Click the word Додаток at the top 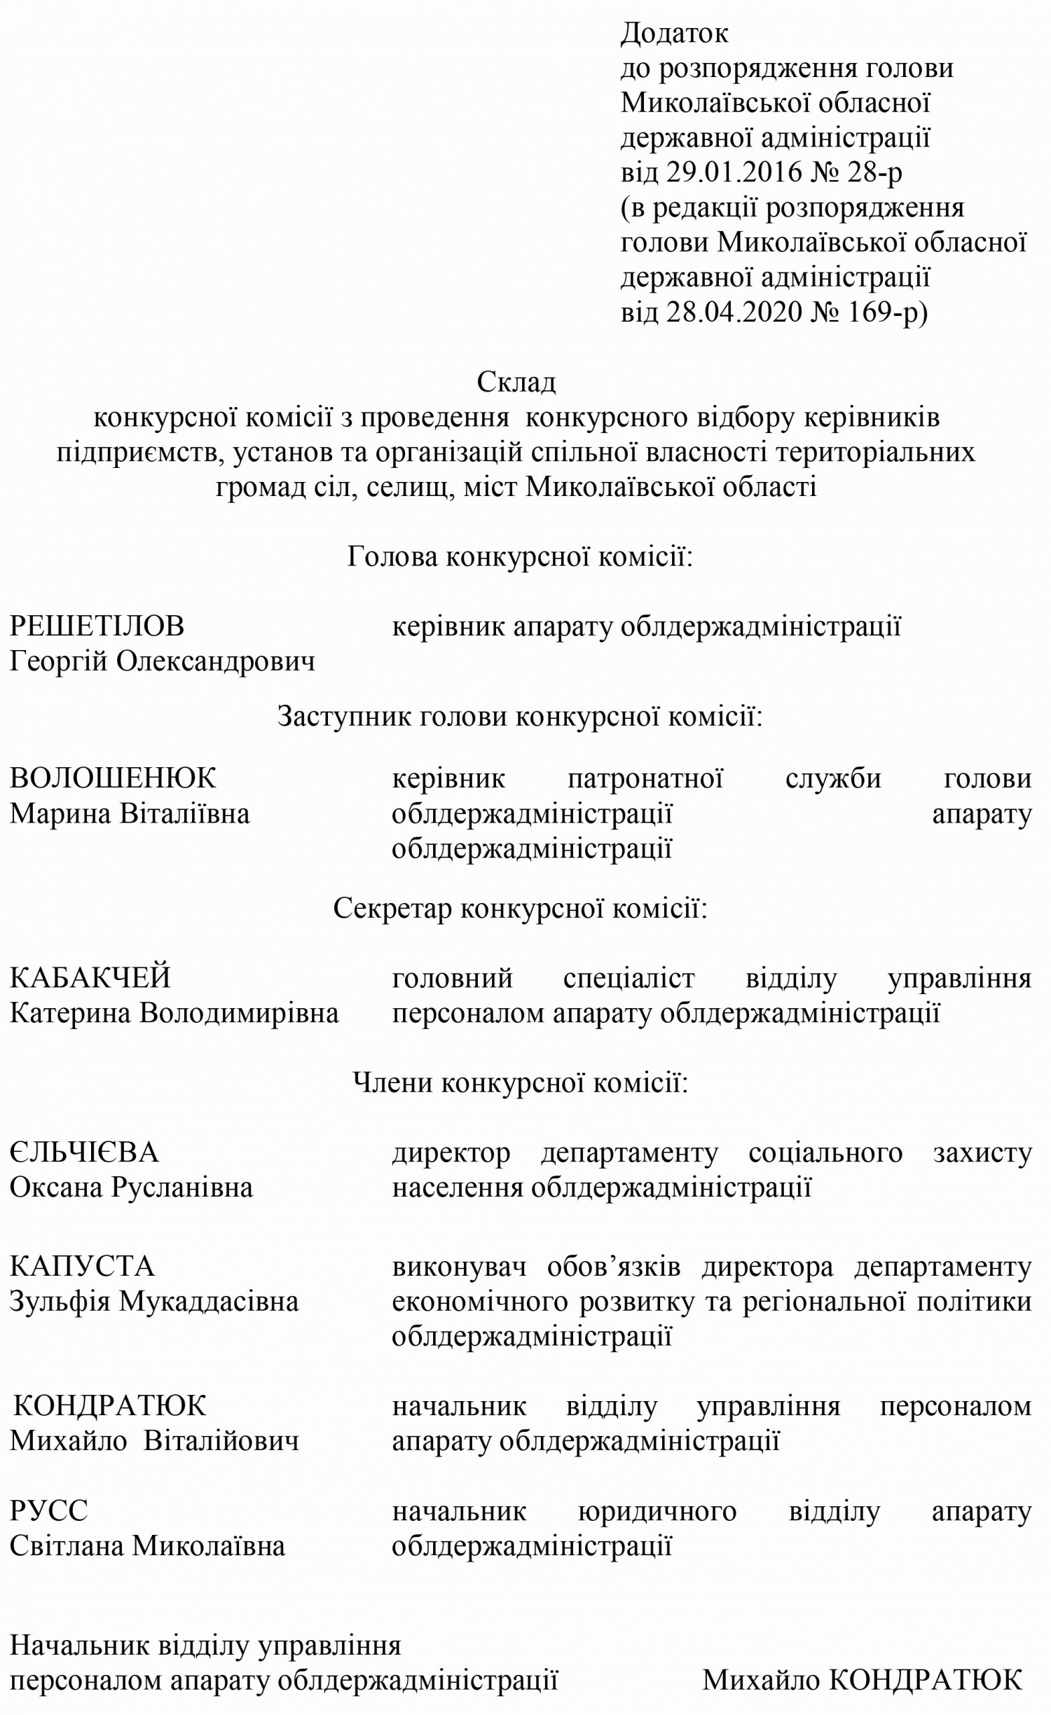[x=674, y=33]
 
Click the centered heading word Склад [x=516, y=382]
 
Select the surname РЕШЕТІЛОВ [x=97, y=626]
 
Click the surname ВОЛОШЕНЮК [x=113, y=778]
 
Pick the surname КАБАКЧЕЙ [x=90, y=977]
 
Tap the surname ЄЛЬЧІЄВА [x=84, y=1152]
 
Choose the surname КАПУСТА [x=82, y=1267]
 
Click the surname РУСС [x=48, y=1511]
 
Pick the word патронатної [x=645, y=778]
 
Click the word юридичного [x=657, y=1511]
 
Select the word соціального [x=825, y=1152]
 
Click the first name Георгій [x=57, y=661]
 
